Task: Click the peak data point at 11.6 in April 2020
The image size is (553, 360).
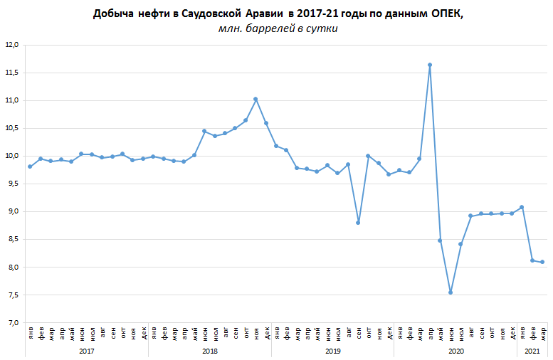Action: [x=430, y=65]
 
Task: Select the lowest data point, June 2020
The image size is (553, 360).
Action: [x=451, y=292]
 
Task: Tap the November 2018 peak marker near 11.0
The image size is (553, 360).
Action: [x=256, y=99]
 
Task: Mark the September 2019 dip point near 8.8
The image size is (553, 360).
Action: [x=358, y=223]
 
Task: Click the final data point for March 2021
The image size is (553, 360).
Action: [x=542, y=262]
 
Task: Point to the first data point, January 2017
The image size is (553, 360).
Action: [x=30, y=166]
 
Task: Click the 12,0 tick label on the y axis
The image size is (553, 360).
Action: [x=11, y=45]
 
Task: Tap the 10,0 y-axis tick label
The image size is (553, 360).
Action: [x=11, y=157]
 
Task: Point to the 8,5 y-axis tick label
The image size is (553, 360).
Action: [x=11, y=240]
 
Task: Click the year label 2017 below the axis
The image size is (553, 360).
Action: [x=86, y=351]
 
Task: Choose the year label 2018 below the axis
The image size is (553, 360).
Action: [x=209, y=351]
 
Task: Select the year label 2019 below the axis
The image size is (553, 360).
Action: [x=332, y=351]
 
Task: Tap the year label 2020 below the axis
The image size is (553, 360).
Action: [x=455, y=351]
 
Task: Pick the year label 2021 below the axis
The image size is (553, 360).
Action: [x=532, y=351]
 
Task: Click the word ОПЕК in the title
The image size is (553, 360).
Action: [x=446, y=14]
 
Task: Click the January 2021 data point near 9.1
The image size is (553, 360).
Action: [x=522, y=207]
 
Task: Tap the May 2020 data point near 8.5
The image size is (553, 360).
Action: [x=440, y=240]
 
